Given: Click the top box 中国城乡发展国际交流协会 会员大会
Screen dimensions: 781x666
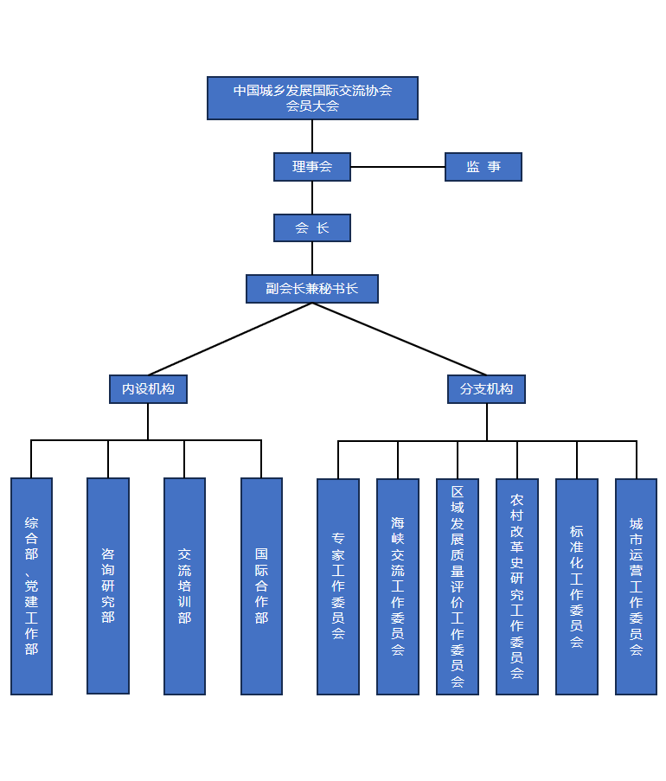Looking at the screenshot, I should click(x=312, y=98).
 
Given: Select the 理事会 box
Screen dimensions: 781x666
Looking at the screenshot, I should click(x=312, y=167).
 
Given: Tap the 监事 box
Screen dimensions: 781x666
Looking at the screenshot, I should click(x=483, y=167).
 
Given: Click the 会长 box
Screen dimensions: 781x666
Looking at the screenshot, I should click(x=312, y=228).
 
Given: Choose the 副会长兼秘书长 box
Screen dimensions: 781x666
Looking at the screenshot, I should click(x=312, y=289).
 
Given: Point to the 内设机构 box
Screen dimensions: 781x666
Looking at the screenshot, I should click(x=148, y=389).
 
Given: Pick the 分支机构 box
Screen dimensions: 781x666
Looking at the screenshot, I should click(x=486, y=389).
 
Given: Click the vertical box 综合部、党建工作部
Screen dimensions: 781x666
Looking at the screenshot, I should click(x=31, y=586).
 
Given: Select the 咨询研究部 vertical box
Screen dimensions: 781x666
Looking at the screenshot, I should click(x=108, y=586).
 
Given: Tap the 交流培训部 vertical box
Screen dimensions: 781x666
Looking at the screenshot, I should click(x=184, y=586).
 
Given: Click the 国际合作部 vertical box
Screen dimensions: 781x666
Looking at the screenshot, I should click(x=261, y=586).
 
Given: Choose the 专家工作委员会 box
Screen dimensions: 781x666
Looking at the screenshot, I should click(x=338, y=586).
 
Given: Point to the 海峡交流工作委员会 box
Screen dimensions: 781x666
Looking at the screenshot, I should click(x=398, y=586).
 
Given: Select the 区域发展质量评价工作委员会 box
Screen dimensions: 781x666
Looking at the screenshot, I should click(x=458, y=586).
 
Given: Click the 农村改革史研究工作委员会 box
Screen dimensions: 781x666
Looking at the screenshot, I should click(x=517, y=586).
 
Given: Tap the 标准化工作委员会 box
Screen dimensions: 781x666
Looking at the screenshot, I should click(x=577, y=586).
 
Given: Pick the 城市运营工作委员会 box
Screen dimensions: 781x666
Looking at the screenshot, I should click(x=637, y=586).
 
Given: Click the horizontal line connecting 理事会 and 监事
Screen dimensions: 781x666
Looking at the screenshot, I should click(x=398, y=167).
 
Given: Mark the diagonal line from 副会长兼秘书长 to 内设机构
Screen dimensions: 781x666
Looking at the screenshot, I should click(x=230, y=339).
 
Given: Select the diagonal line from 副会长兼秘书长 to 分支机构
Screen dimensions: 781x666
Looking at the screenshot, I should click(x=400, y=339).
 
